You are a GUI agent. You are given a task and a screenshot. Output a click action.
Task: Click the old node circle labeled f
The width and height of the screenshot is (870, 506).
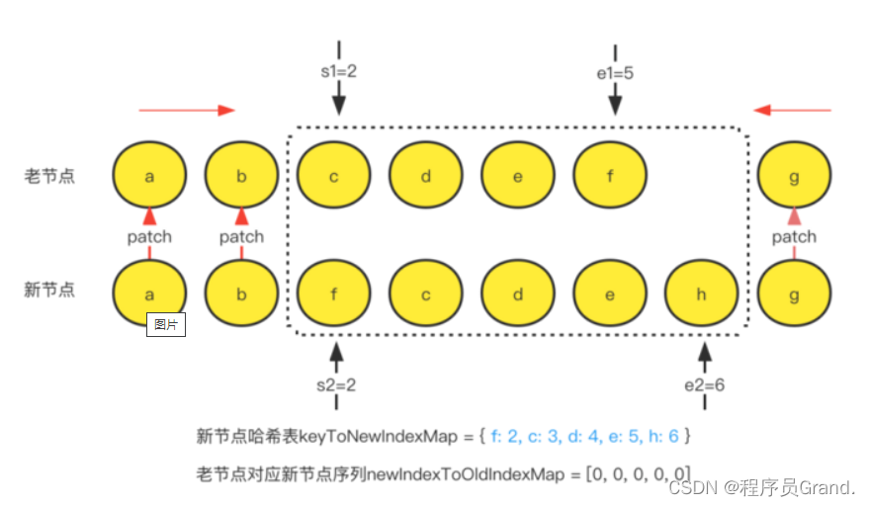click(610, 176)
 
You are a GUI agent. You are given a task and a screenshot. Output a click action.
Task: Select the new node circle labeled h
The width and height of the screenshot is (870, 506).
click(702, 295)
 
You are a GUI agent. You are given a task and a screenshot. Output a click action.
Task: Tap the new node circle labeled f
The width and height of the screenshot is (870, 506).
click(334, 295)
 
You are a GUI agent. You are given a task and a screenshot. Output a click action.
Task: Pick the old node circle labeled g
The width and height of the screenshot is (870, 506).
click(794, 176)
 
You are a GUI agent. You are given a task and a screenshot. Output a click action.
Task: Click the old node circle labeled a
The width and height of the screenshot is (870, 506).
click(149, 176)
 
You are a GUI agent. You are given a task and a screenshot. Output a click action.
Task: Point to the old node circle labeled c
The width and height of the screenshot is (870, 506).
click(334, 176)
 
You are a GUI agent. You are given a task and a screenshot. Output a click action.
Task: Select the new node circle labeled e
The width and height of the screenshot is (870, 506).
click(610, 295)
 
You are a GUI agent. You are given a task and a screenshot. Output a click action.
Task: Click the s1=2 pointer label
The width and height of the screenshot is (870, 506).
click(339, 71)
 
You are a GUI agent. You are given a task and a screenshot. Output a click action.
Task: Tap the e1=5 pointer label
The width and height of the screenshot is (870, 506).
click(615, 71)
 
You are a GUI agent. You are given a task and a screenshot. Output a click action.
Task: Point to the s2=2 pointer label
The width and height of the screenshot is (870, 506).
click(337, 384)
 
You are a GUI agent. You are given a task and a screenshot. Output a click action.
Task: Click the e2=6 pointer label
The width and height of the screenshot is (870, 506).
click(704, 384)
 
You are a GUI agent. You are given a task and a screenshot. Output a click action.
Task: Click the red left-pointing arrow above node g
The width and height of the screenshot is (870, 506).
click(793, 110)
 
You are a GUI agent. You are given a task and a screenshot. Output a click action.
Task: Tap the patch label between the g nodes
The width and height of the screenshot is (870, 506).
click(794, 236)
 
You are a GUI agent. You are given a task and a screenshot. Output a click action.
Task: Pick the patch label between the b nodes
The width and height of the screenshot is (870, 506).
click(241, 236)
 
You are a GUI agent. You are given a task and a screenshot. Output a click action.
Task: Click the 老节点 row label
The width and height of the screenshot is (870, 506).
click(50, 176)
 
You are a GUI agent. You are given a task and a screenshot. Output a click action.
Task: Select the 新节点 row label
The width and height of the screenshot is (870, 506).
click(50, 290)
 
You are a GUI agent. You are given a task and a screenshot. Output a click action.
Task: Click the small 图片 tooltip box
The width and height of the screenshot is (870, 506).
click(166, 324)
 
